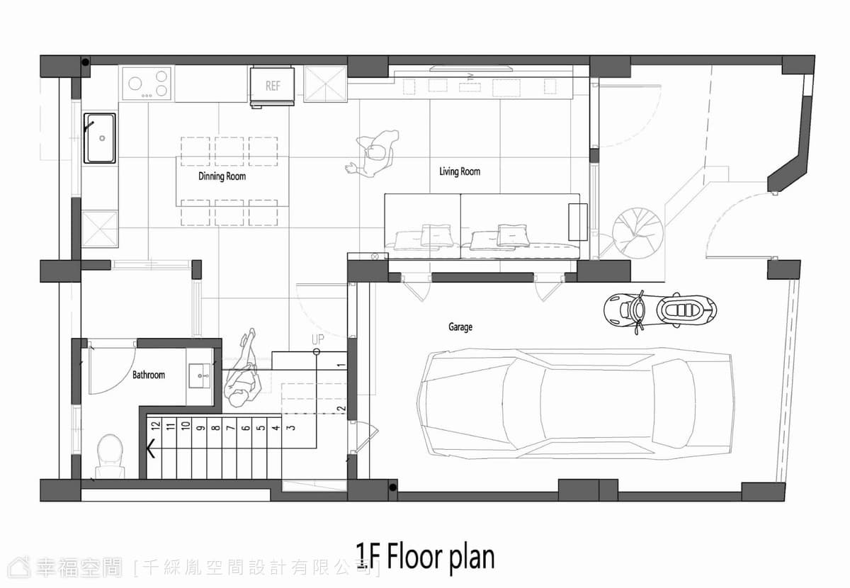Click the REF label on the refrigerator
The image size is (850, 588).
coord(273,86)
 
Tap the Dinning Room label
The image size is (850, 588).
coord(222,176)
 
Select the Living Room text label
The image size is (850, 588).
coord(460,171)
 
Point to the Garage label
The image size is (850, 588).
coord(460,327)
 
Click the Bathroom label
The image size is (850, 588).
coord(148,375)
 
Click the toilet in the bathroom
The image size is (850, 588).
coord(110,456)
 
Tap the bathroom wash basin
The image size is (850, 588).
coord(199,375)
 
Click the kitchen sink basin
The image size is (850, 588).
coord(100,138)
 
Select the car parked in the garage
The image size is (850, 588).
coord(576,404)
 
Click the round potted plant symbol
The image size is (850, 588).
coord(638,232)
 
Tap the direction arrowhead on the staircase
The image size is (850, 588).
coord(151,448)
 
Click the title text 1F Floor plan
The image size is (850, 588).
coord(425,558)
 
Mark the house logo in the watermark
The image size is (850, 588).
coord(19,567)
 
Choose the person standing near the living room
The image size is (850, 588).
coord(374,153)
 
